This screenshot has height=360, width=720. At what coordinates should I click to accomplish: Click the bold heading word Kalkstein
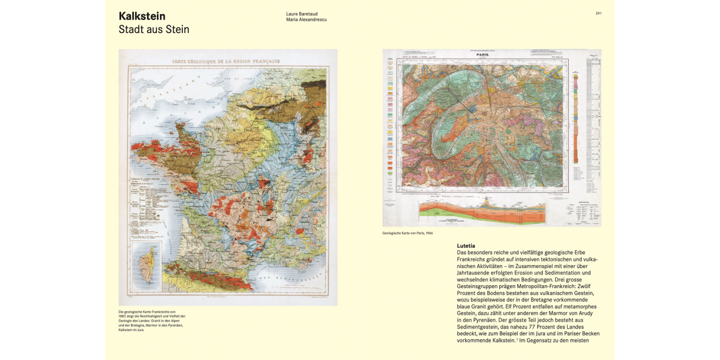coord(142,16)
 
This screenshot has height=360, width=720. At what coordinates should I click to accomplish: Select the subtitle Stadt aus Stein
coord(154,30)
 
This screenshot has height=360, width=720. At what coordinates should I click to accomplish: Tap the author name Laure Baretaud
coord(302,14)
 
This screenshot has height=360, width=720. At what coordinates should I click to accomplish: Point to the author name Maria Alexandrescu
coord(306,20)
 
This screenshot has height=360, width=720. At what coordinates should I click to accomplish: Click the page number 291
coord(598,13)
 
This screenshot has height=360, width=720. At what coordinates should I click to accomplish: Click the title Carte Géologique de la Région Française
coord(226,61)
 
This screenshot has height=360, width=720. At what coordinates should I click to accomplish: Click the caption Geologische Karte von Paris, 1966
coord(408,234)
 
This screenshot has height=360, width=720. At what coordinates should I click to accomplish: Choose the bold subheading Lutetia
coord(466,246)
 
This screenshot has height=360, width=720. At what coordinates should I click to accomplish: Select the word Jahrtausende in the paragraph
coord(473,273)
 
